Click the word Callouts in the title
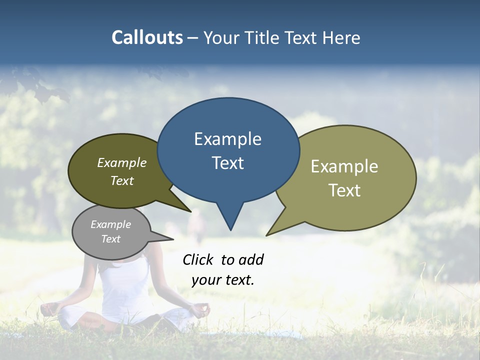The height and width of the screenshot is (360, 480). pos(147,37)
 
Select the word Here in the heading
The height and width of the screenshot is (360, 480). pos(341,37)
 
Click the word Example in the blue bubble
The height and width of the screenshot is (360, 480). pos(227,138)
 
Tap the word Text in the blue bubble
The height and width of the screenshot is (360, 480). pos(227,163)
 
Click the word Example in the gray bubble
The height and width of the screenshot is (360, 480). pos(110,224)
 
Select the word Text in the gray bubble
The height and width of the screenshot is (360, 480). pos(110,239)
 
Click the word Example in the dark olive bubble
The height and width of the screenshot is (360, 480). pos(121,162)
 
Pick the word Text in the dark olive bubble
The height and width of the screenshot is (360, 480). pos(121,180)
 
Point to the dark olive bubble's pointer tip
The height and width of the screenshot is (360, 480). pos(190,211)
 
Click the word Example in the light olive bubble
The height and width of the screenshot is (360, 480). pos(344,166)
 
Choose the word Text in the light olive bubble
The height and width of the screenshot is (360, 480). pos(344,190)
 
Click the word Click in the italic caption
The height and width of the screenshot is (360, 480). pos(199,259)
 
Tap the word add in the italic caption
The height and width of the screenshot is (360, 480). pos(250,259)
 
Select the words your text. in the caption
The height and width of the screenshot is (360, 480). pos(222,280)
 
